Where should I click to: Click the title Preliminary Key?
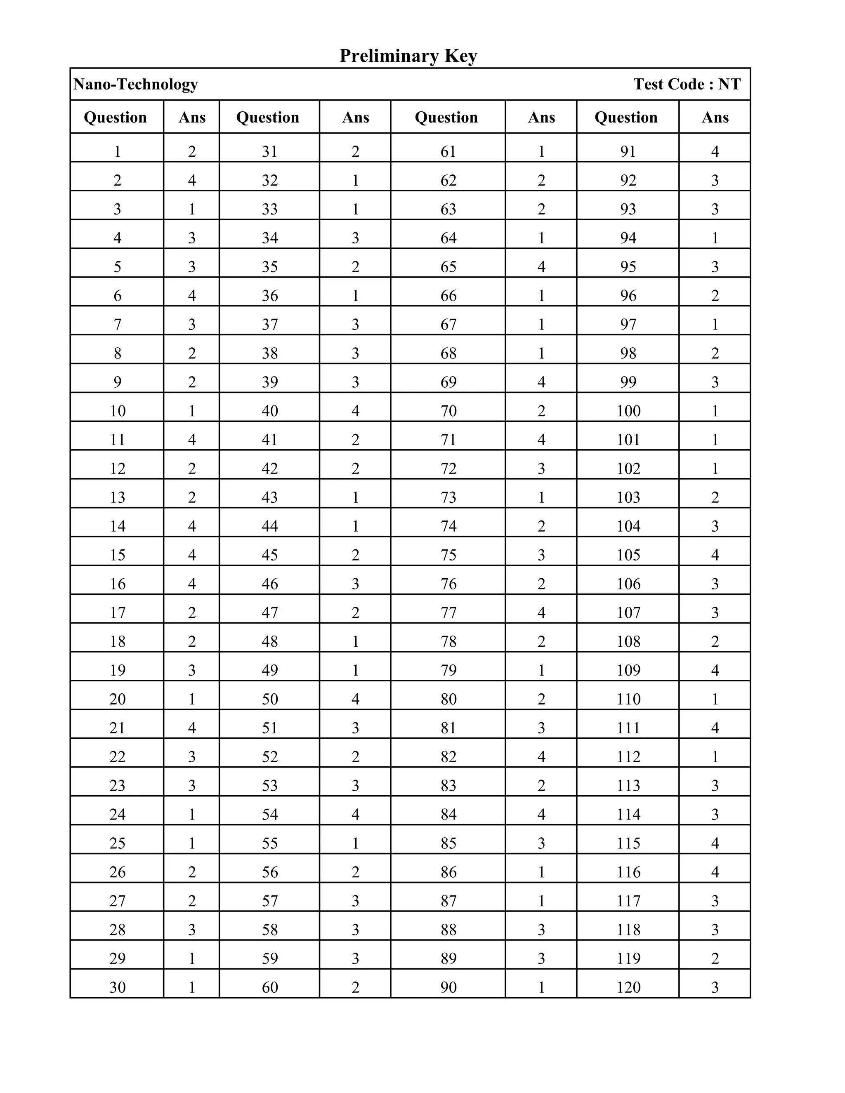pyautogui.click(x=408, y=56)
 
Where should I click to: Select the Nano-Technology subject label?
pyautogui.click(x=136, y=84)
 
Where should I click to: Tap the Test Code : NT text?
pyautogui.click(x=687, y=84)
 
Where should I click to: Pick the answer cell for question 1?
pyautogui.click(x=192, y=151)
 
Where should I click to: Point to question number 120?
pyautogui.click(x=628, y=987)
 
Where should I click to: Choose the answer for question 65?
pyautogui.click(x=541, y=266)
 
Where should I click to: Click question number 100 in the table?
pyautogui.click(x=628, y=411)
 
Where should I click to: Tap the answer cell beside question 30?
pyautogui.click(x=192, y=987)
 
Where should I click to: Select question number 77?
pyautogui.click(x=448, y=612)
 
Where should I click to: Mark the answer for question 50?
pyautogui.click(x=355, y=699)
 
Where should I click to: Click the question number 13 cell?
pyautogui.click(x=117, y=497)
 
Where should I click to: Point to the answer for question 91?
pyautogui.click(x=715, y=151)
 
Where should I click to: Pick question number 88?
pyautogui.click(x=448, y=929)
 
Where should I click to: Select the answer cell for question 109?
pyautogui.click(x=715, y=670)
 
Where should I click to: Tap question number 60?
pyautogui.click(x=269, y=987)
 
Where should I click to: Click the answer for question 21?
pyautogui.click(x=192, y=728)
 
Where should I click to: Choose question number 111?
pyautogui.click(x=628, y=728)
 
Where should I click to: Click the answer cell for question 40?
pyautogui.click(x=355, y=411)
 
